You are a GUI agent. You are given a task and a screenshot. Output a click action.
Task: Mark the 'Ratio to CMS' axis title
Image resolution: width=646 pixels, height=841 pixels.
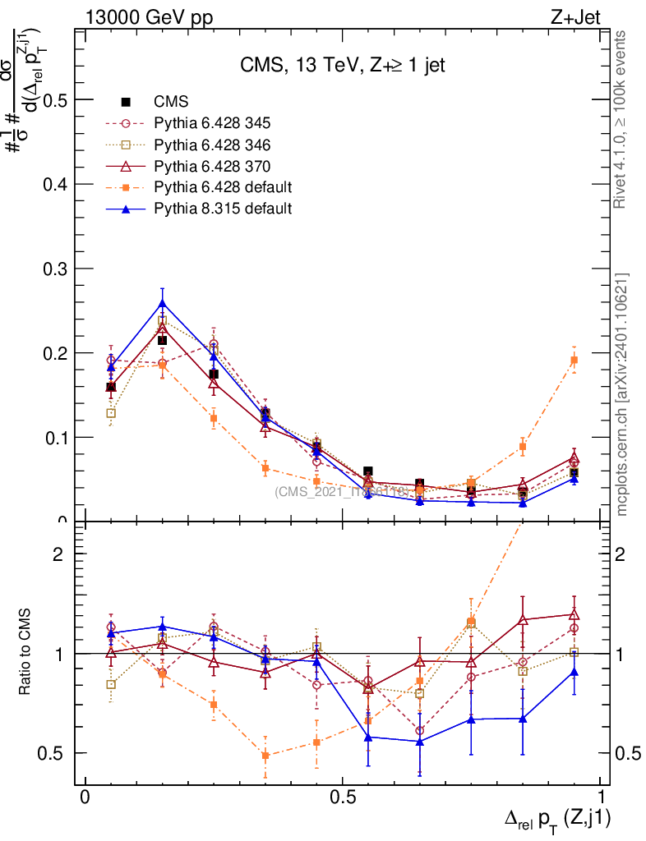point(26,653)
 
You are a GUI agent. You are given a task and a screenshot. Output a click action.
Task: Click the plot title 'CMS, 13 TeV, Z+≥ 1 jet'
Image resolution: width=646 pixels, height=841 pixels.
point(343,66)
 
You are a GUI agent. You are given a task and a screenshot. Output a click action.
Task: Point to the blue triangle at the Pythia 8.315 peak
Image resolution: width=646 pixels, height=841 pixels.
point(162,304)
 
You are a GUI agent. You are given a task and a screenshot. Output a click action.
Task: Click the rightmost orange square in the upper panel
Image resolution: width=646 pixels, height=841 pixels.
point(574,360)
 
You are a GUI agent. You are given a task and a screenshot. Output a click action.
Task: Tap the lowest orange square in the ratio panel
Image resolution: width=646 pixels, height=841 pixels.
point(265,756)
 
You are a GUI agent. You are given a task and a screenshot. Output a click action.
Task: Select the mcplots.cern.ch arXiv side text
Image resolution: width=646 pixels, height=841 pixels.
point(622,394)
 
